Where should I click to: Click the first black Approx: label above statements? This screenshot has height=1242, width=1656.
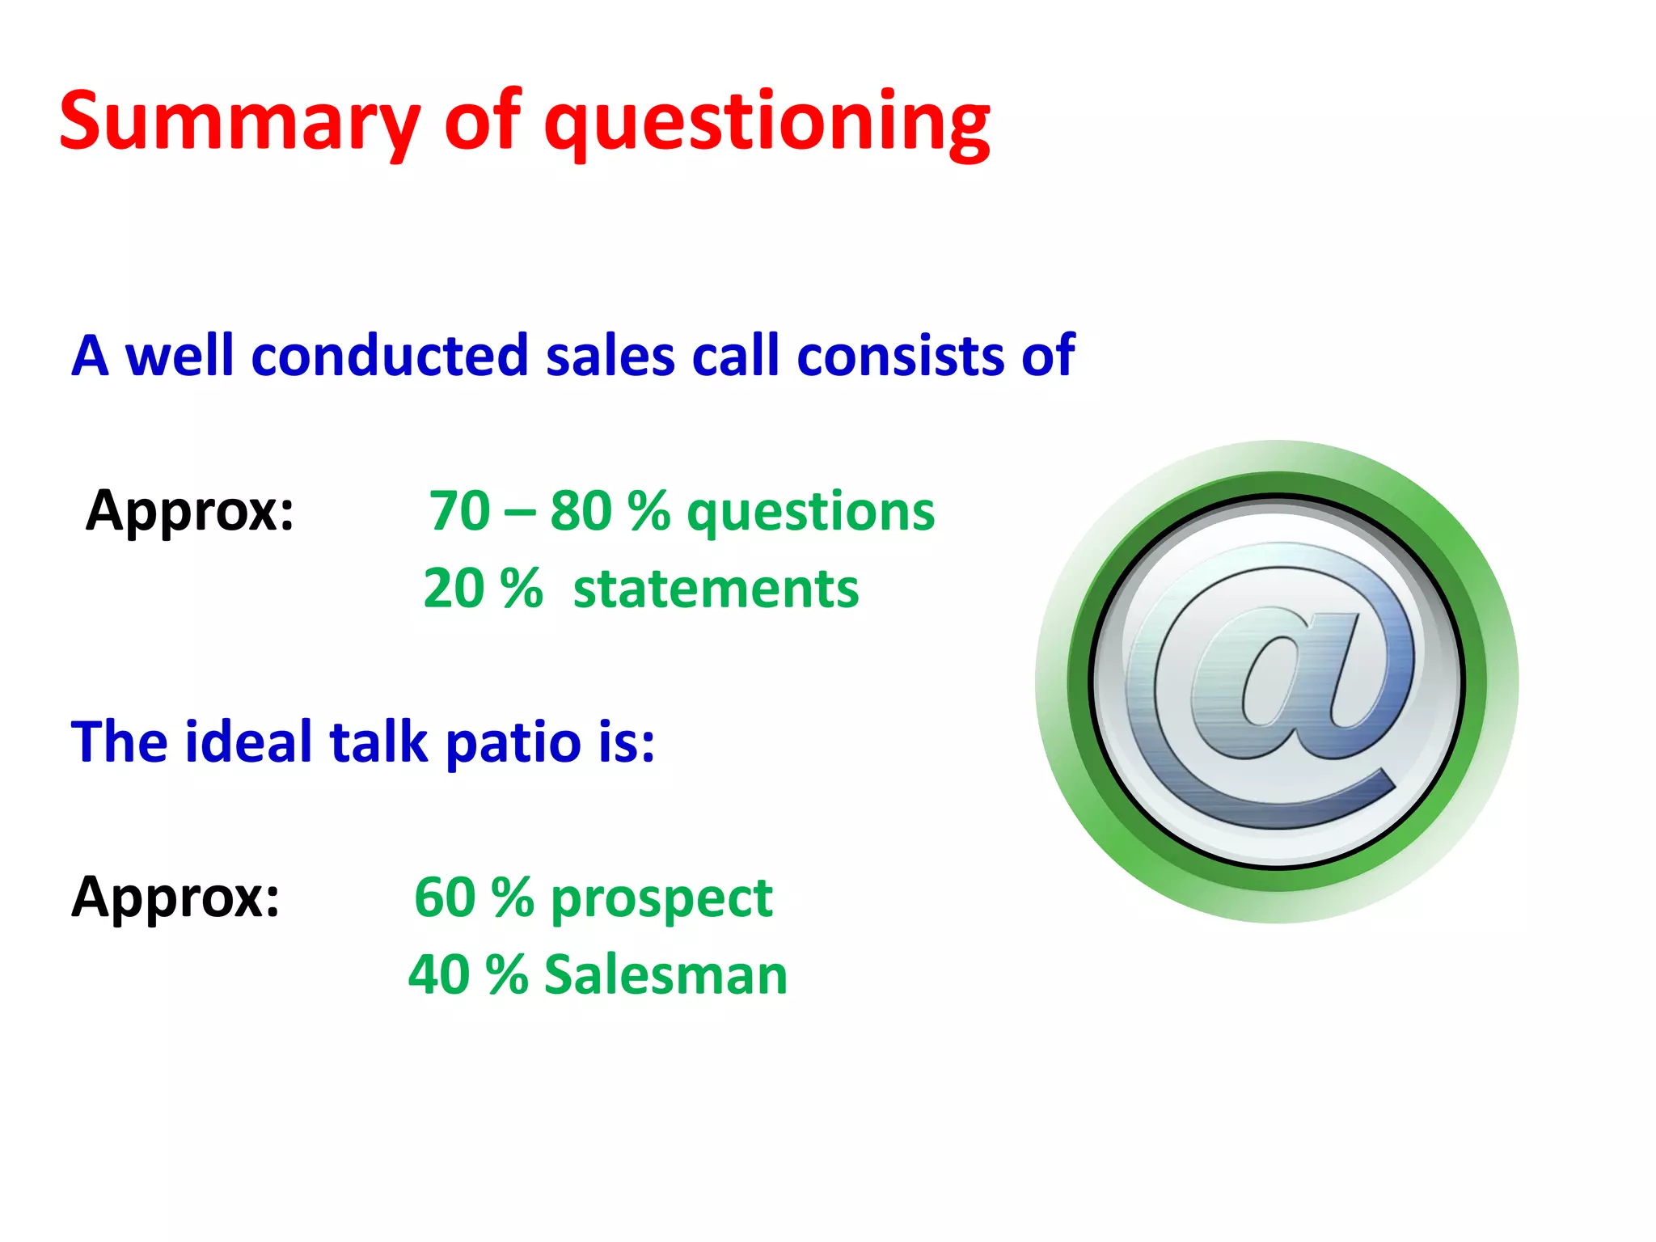pos(191,511)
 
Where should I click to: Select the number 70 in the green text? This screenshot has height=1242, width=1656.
pos(459,511)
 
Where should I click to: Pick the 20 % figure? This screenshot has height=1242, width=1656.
pos(483,589)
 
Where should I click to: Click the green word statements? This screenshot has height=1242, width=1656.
pos(716,589)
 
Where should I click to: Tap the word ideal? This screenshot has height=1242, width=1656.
pos(247,742)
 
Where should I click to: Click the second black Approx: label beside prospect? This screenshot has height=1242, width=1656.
pos(176,898)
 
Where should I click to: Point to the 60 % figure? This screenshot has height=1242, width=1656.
pos(474,898)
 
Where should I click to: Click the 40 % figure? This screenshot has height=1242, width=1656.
pos(468,974)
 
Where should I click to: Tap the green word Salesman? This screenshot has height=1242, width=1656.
pos(665,974)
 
